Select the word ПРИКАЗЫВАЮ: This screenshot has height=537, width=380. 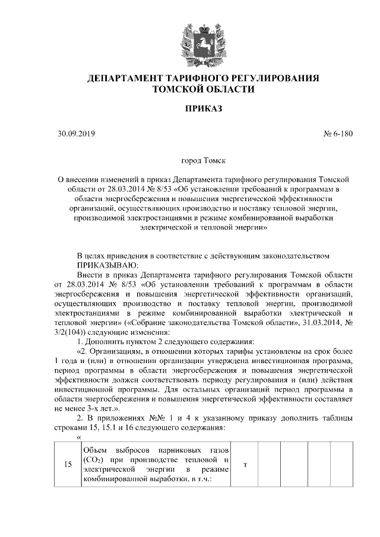point(107,264)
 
